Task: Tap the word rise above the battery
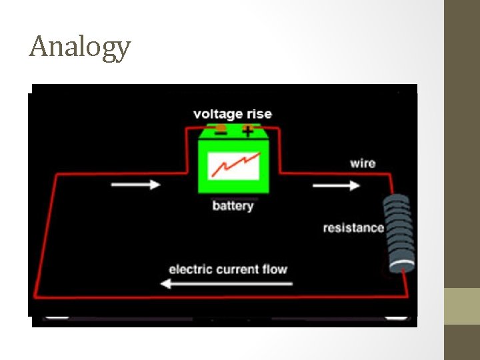pyautogui.click(x=258, y=114)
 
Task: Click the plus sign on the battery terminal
pyautogui.click(x=248, y=131)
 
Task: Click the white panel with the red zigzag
pyautogui.click(x=233, y=167)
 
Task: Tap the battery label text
pyautogui.click(x=233, y=205)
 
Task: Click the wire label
pyautogui.click(x=362, y=163)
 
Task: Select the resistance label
pyautogui.click(x=353, y=228)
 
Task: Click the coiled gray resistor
pyautogui.click(x=398, y=233)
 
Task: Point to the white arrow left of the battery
pyautogui.click(x=136, y=184)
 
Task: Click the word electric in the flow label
pyautogui.click(x=190, y=269)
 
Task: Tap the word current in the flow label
pyautogui.click(x=239, y=269)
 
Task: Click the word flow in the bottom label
pyautogui.click(x=276, y=269)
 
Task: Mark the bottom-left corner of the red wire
pyautogui.click(x=35, y=296)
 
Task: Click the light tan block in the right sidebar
pyautogui.click(x=462, y=306)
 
